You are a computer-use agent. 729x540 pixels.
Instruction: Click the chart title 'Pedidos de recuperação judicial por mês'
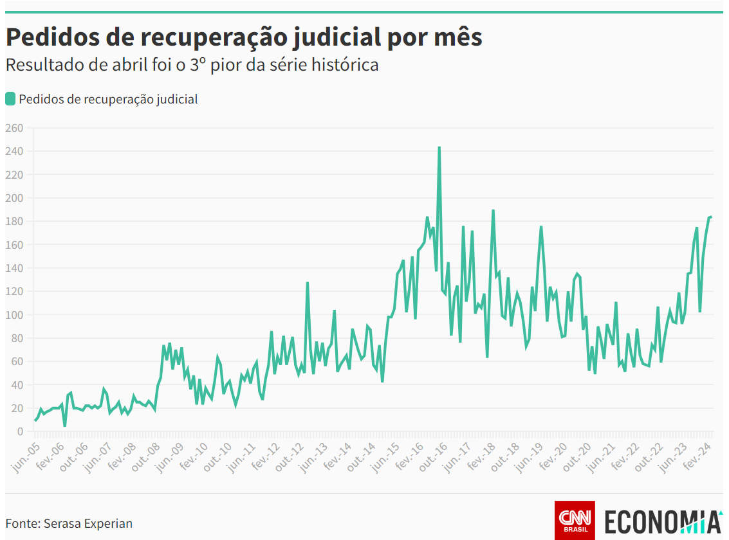point(244,37)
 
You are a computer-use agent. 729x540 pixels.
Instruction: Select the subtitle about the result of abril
point(192,65)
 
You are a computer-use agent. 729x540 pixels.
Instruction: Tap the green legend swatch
point(10,99)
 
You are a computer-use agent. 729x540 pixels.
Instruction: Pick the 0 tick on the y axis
point(19,432)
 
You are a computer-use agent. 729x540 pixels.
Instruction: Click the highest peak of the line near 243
point(439,147)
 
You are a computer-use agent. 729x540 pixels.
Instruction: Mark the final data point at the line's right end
point(711,217)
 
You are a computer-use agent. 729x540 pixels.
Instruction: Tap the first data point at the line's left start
point(35,420)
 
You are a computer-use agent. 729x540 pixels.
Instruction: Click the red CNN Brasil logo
point(575,520)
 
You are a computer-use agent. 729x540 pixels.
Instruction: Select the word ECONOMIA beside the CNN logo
point(663,521)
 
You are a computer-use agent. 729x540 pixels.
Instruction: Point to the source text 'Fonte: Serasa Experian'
point(69,523)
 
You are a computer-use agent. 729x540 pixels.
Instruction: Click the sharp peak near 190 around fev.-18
point(493,210)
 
